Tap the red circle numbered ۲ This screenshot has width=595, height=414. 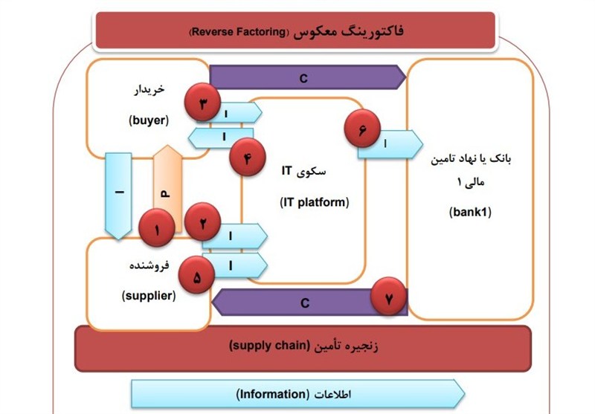[203, 221]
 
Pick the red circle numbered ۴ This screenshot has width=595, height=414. [248, 158]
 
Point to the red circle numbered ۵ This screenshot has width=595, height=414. [197, 277]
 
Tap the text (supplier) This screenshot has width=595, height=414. [149, 295]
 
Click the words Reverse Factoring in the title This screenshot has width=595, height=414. [239, 32]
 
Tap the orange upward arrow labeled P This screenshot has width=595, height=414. [166, 186]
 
